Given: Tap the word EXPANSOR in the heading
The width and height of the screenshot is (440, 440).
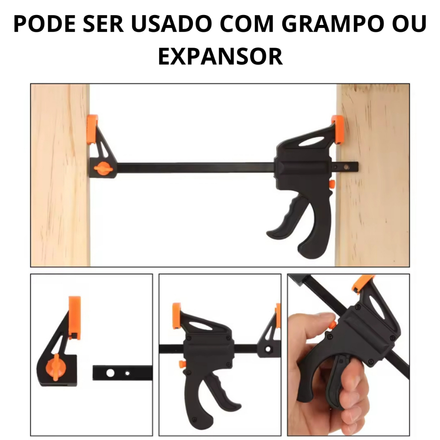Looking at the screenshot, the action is [x=220, y=56].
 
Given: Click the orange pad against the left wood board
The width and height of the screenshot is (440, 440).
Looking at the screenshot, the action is [x=92, y=129].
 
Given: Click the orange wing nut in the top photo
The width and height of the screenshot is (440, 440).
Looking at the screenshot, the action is [x=104, y=168].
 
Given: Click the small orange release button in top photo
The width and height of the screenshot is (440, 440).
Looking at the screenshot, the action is [x=332, y=184].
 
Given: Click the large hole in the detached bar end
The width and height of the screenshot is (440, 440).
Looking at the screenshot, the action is [x=110, y=373].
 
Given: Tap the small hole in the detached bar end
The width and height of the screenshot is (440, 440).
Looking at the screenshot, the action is [x=127, y=373].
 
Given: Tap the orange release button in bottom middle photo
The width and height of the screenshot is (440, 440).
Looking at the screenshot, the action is [x=181, y=364].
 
